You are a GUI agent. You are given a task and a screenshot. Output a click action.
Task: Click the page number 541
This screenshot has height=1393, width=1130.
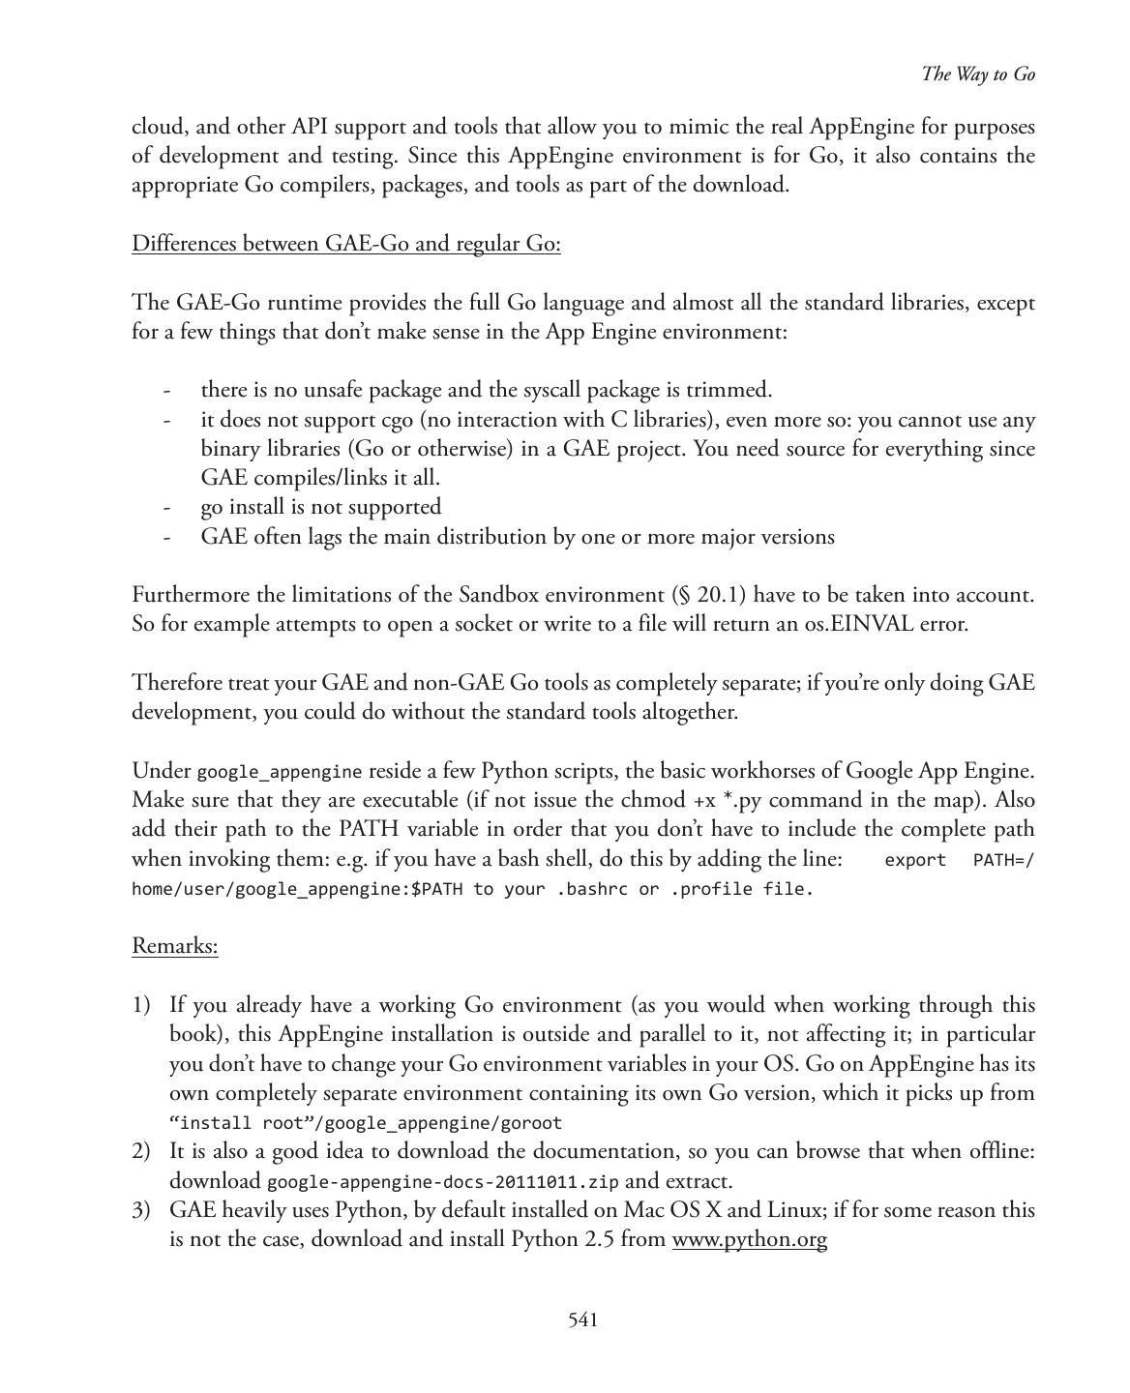click(x=582, y=1319)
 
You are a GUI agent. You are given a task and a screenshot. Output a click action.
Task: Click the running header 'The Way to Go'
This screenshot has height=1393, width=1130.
click(x=978, y=74)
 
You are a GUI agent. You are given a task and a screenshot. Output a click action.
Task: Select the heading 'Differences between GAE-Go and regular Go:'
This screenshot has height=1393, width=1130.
click(x=346, y=243)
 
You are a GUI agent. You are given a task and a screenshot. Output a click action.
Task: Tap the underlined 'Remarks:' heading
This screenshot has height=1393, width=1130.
click(x=175, y=945)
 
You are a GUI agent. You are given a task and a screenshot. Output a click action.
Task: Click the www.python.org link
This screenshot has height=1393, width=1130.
click(x=749, y=1239)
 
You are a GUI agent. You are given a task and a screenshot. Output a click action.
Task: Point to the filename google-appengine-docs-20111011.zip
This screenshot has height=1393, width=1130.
click(x=443, y=1181)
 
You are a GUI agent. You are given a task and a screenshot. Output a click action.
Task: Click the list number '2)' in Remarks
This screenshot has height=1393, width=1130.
click(x=141, y=1151)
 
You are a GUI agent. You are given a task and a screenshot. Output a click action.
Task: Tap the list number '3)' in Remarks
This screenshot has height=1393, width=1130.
click(x=141, y=1210)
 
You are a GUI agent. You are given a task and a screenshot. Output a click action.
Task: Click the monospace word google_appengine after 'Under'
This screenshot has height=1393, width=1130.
click(x=280, y=772)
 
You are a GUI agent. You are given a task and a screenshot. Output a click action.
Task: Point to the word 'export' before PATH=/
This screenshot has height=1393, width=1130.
click(x=915, y=860)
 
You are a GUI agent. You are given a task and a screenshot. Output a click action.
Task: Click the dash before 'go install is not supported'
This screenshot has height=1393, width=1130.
click(x=167, y=507)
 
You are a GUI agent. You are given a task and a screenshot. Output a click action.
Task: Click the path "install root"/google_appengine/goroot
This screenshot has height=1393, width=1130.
click(x=366, y=1123)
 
